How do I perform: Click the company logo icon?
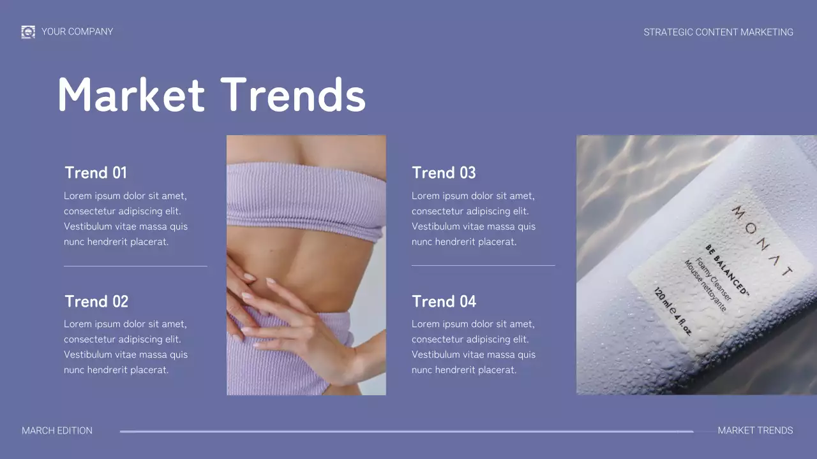tap(28, 32)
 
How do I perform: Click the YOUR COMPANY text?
tap(77, 32)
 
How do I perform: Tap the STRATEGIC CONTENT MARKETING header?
tap(718, 32)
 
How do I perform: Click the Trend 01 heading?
tap(96, 173)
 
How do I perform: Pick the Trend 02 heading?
tap(96, 302)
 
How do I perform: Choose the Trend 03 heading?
tap(444, 173)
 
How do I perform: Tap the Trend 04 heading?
tap(444, 302)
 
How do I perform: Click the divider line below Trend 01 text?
tap(135, 266)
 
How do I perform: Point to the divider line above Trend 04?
tap(483, 265)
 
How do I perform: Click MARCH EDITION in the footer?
tap(57, 431)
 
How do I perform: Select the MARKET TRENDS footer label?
tap(755, 431)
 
